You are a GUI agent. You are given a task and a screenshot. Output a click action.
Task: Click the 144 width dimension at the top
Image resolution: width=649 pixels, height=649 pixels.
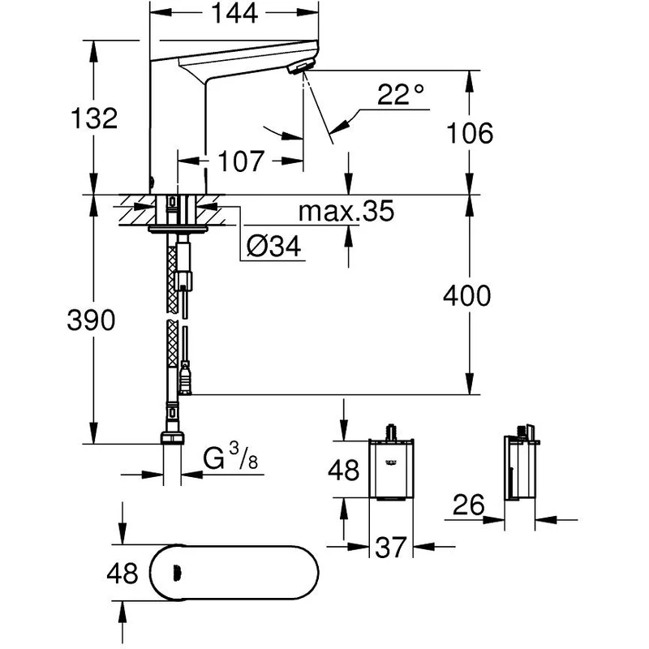(x=228, y=13)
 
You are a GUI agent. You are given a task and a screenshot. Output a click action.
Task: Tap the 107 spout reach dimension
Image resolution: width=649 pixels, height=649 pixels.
(x=242, y=161)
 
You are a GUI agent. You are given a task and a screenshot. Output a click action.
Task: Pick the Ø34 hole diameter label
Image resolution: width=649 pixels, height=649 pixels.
(x=273, y=247)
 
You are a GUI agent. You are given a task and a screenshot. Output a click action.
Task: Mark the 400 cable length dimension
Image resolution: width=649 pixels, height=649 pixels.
(x=466, y=296)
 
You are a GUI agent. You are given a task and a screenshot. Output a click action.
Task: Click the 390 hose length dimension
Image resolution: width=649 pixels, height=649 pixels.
(x=91, y=320)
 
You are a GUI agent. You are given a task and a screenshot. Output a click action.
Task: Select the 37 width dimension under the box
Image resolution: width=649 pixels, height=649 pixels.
(x=393, y=549)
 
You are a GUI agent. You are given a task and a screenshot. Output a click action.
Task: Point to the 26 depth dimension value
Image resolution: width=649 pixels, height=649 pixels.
(x=468, y=507)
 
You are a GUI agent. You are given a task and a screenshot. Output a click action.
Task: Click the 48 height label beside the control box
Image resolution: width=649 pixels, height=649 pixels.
(x=344, y=471)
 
